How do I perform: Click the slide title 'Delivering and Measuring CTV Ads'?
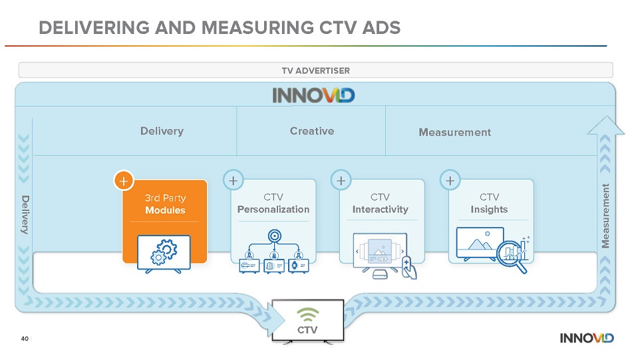click(x=220, y=28)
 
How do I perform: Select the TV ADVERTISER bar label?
click(x=315, y=71)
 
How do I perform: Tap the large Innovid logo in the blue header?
click(x=313, y=96)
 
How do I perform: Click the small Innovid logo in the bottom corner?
click(x=587, y=338)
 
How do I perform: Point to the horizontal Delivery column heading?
click(x=162, y=131)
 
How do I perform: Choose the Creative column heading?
click(x=312, y=131)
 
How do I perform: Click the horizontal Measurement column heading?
click(x=454, y=132)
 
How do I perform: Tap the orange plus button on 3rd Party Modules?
click(x=124, y=181)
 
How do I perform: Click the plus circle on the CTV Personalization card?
click(x=233, y=180)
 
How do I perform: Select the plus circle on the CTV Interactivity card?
click(x=341, y=180)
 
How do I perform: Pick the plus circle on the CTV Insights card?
click(x=450, y=180)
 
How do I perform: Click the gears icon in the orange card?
click(x=164, y=252)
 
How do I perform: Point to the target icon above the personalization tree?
click(x=275, y=236)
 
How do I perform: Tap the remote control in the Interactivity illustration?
click(x=408, y=268)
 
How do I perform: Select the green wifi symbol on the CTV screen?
click(x=307, y=315)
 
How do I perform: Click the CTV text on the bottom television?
click(x=307, y=330)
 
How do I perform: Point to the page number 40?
click(x=25, y=339)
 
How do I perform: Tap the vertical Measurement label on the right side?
click(x=605, y=216)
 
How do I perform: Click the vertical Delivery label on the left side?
click(x=25, y=214)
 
